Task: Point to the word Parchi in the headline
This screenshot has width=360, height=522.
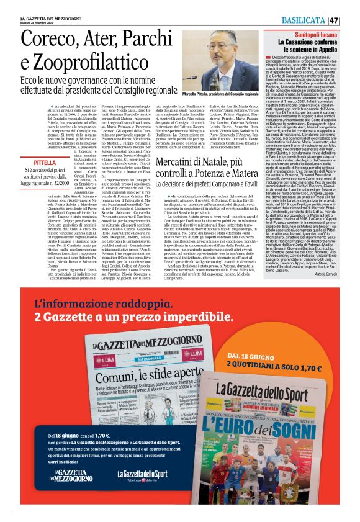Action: coord(158,42)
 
